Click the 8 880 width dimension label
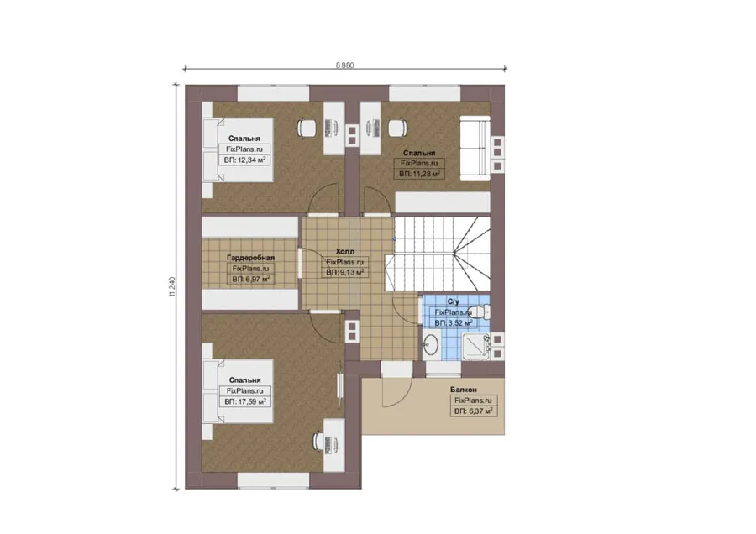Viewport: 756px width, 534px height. [344, 65]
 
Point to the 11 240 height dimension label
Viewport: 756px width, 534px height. [172, 286]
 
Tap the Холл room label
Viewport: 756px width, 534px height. [344, 252]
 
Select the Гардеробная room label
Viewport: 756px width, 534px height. [250, 258]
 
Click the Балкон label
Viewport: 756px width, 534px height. [464, 390]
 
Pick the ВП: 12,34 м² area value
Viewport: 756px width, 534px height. [245, 160]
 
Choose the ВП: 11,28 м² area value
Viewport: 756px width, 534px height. [419, 174]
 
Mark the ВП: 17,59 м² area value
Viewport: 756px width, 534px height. [245, 401]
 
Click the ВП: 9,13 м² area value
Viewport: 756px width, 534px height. [344, 273]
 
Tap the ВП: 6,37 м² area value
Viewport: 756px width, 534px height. [474, 411]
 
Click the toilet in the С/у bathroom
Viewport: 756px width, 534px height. [480, 312]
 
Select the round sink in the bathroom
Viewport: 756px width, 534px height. [430, 344]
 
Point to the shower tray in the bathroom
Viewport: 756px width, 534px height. [476, 347]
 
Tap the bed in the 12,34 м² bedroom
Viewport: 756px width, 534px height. [238, 150]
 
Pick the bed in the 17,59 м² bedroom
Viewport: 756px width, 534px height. [238, 391]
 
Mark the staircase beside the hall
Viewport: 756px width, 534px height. [437, 254]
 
